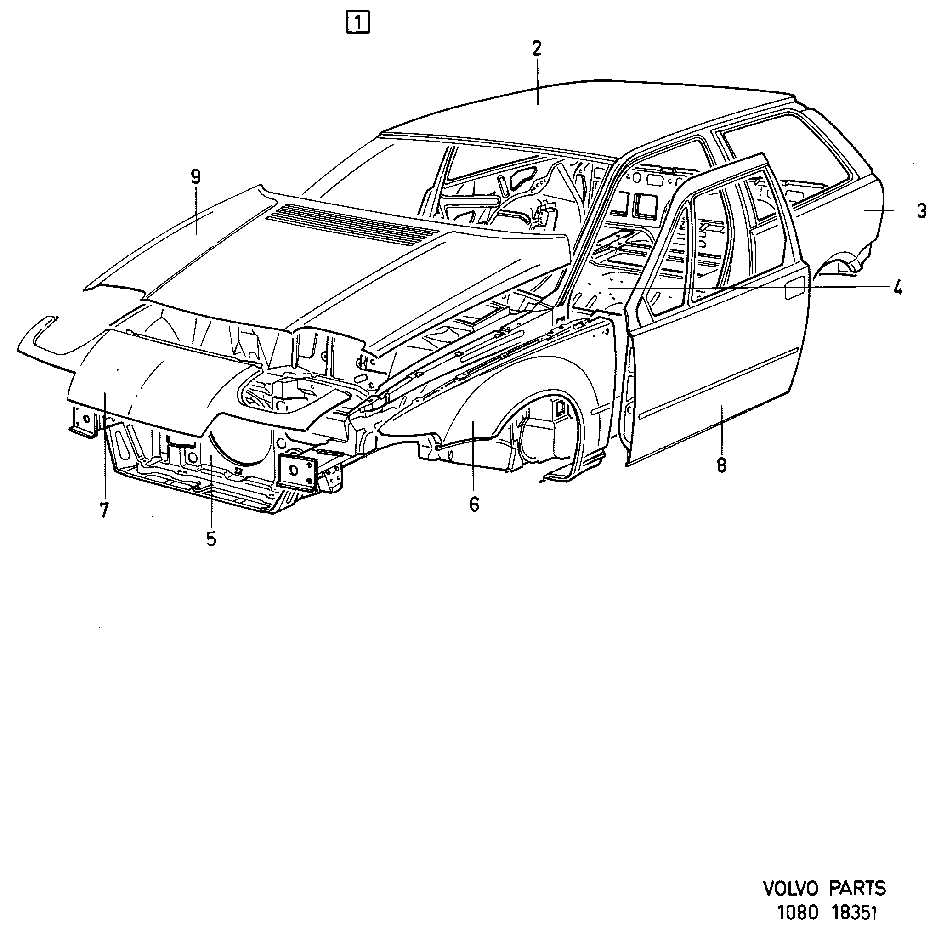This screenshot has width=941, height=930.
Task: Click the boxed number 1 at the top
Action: [358, 23]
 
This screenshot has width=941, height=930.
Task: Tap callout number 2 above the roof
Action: [536, 49]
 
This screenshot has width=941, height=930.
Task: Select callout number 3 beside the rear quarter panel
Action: [921, 211]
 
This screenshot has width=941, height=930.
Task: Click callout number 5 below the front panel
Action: [211, 539]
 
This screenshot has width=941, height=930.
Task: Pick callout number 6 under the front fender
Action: [474, 504]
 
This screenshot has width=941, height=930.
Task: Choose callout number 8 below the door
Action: [721, 465]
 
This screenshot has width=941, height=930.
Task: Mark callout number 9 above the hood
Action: [195, 177]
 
